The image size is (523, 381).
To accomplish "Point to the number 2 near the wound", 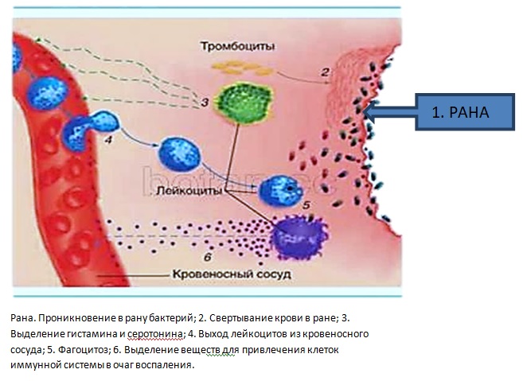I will (x=325, y=73).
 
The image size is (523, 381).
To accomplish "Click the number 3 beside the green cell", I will (x=205, y=102).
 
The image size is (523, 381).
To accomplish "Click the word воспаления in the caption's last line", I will (x=165, y=365).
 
